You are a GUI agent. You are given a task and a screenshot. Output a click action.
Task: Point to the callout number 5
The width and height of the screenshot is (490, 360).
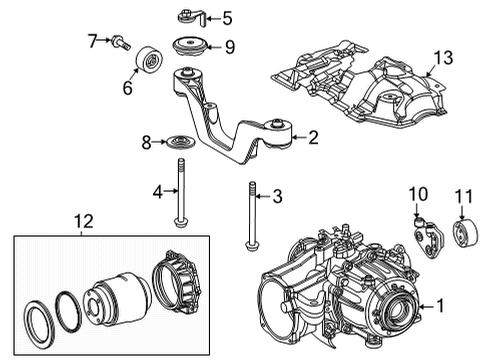(227, 17)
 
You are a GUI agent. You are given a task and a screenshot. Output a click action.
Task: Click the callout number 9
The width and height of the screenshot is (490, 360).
(229, 45)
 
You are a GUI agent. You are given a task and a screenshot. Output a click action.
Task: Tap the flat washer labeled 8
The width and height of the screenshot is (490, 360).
(181, 143)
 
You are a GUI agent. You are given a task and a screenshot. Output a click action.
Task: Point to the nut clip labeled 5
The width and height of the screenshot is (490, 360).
(189, 16)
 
